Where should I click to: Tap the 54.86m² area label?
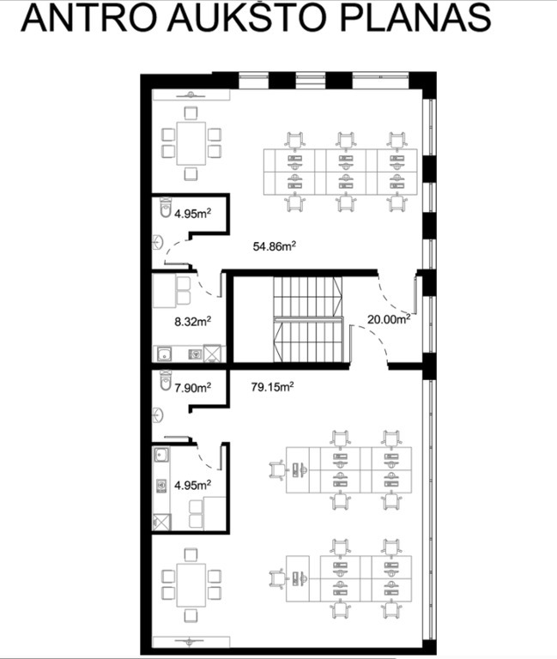point(275,246)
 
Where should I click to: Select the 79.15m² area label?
point(272,386)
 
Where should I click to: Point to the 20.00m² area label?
point(389,319)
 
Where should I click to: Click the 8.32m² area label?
point(192,322)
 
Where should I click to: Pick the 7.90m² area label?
point(192,387)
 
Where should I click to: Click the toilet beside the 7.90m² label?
point(166,380)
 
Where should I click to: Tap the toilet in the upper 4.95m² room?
point(166,207)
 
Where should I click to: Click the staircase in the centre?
point(308,319)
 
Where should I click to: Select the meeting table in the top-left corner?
point(191,143)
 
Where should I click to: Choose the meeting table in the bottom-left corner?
point(191,585)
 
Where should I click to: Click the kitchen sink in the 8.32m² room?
point(165,354)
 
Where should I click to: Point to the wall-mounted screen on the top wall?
point(191,94)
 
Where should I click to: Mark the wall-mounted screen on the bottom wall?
point(191,642)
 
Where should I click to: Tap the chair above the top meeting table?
point(191,113)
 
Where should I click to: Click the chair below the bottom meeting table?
point(191,616)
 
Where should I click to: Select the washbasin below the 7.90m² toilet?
point(158,415)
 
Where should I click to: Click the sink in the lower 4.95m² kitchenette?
point(161,455)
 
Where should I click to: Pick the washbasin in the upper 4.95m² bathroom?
point(158,243)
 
